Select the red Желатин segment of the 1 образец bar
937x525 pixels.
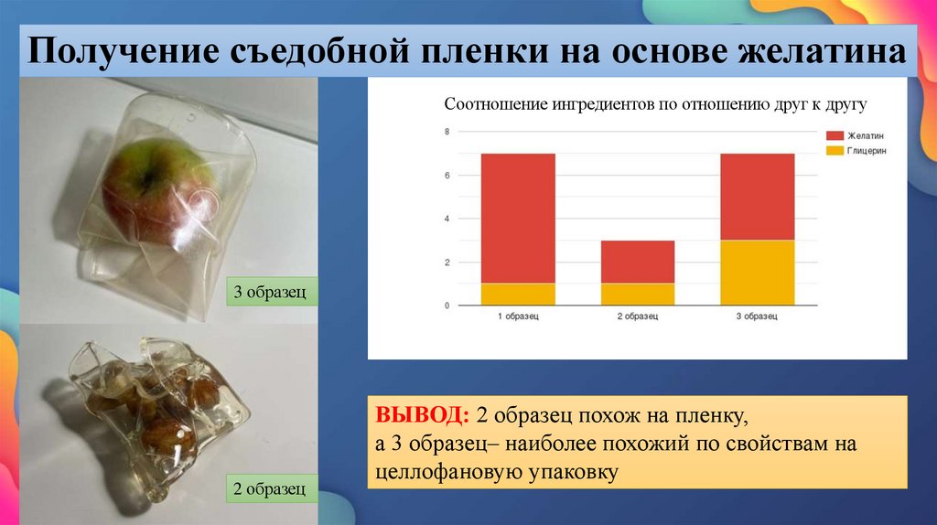click(x=518, y=218)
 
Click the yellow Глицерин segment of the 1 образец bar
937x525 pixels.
click(x=518, y=294)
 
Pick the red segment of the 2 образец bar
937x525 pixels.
click(x=638, y=262)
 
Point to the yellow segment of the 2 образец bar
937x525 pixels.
click(x=638, y=294)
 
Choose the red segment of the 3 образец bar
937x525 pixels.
click(x=757, y=197)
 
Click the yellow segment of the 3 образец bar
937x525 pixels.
click(x=757, y=273)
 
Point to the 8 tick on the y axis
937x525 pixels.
click(x=447, y=132)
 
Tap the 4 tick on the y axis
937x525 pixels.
click(x=447, y=219)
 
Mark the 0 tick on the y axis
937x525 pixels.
click(x=447, y=305)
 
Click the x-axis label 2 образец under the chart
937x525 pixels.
click(x=638, y=316)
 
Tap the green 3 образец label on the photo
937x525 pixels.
click(x=273, y=293)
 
